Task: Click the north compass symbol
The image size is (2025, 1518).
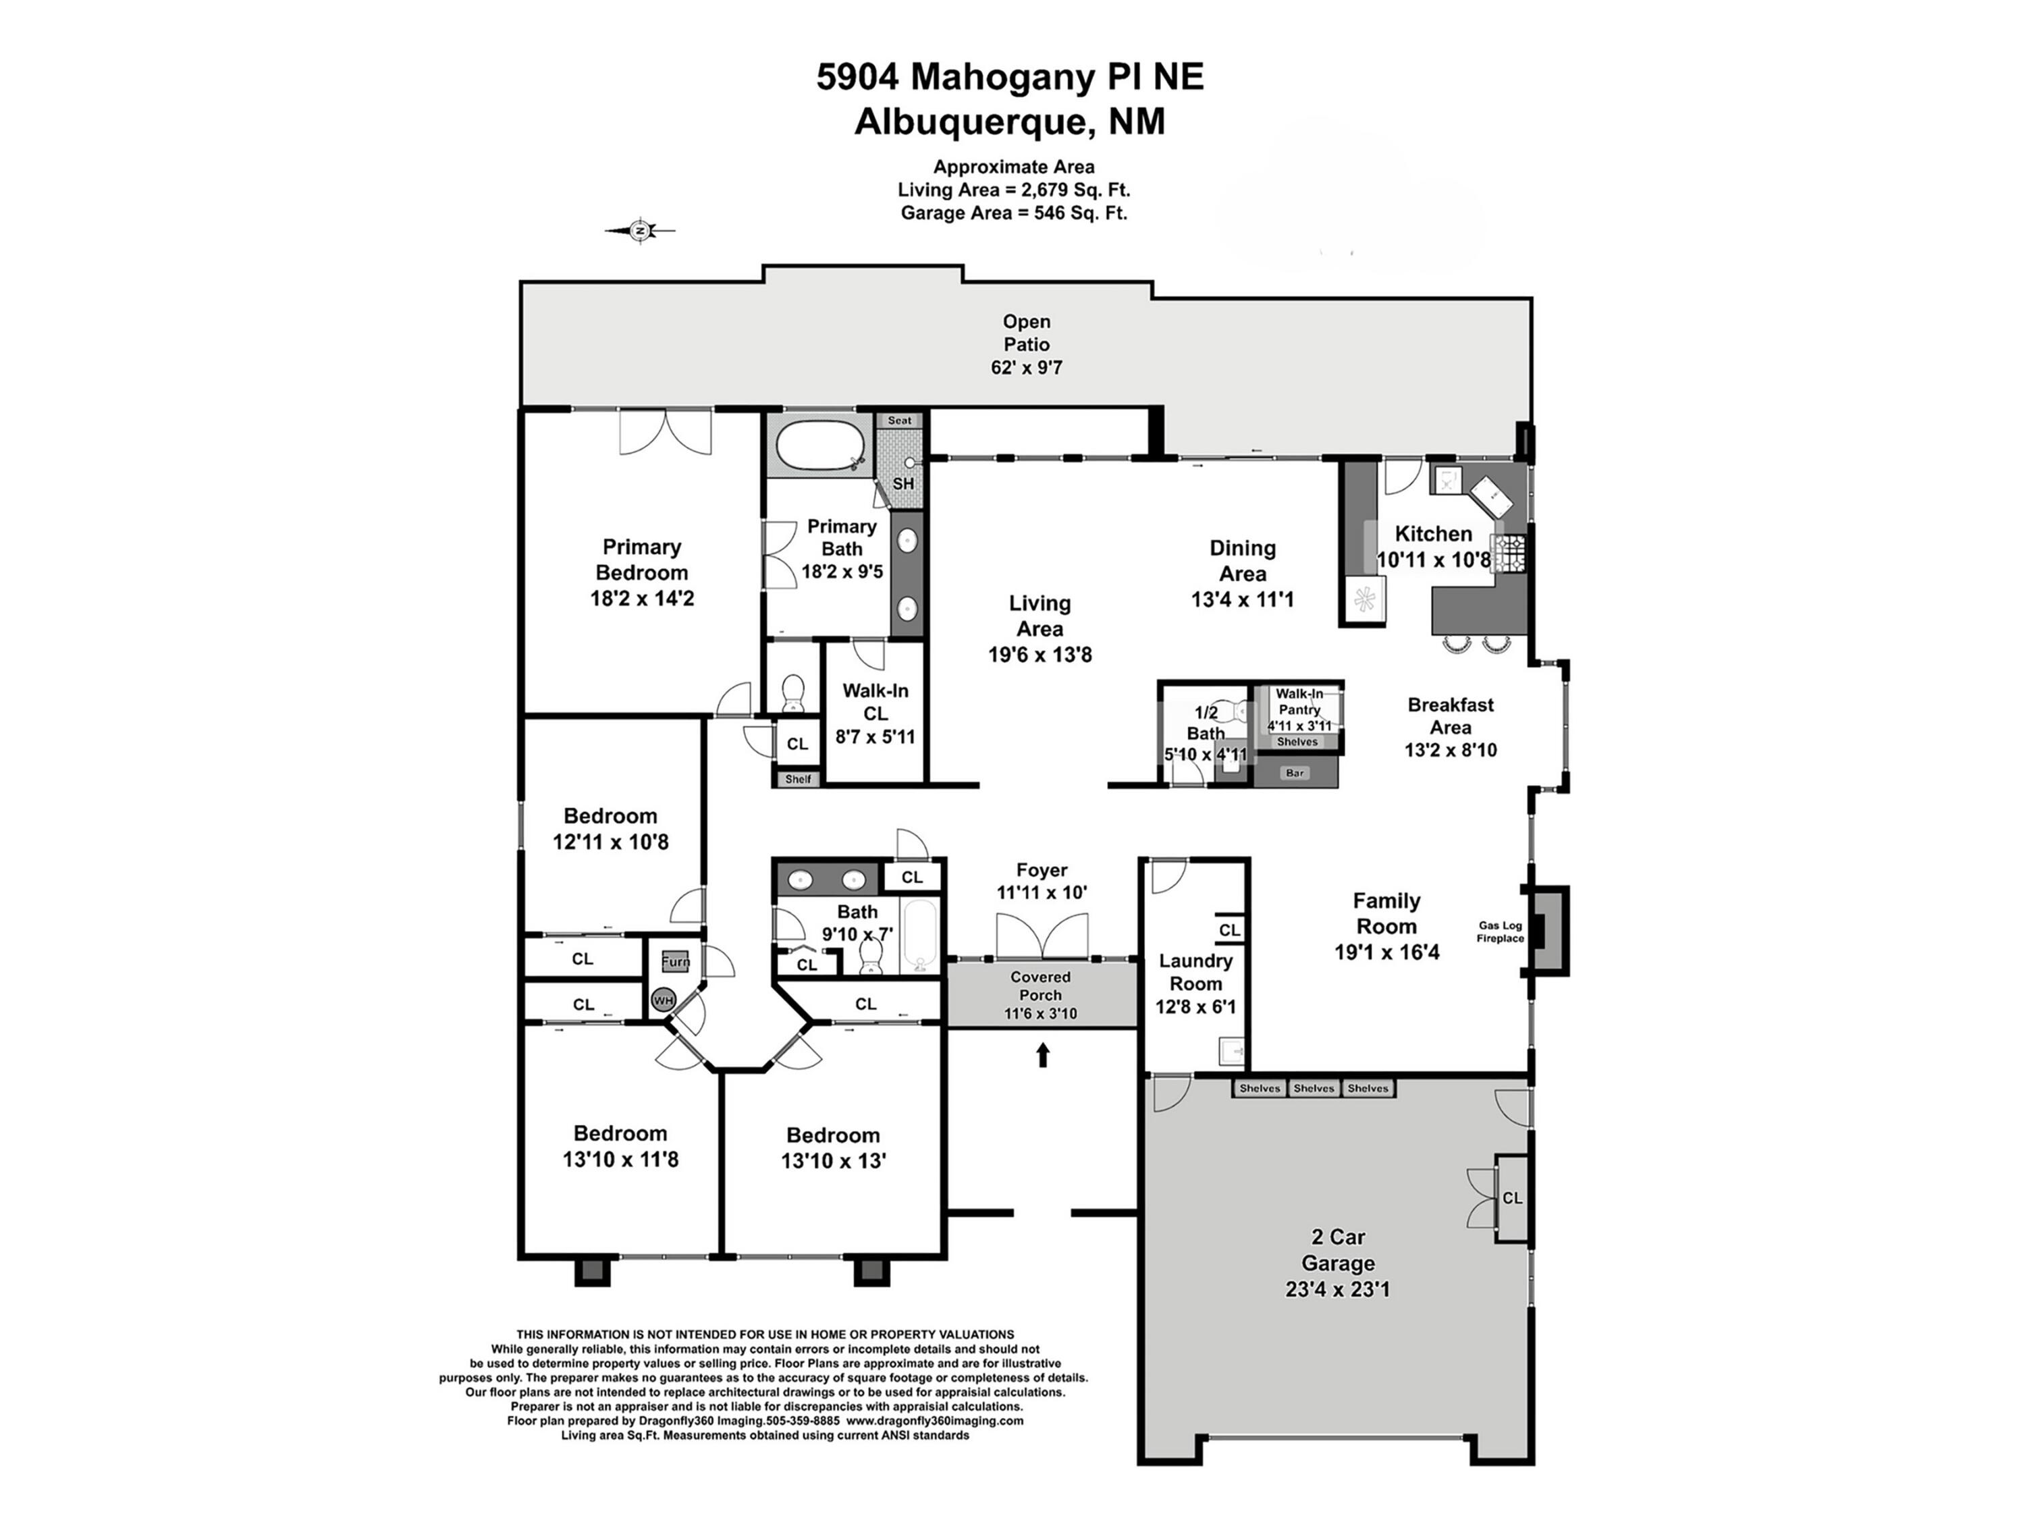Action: [641, 231]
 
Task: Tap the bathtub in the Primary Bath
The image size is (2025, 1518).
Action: [819, 446]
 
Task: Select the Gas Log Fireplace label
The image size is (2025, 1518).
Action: [1500, 932]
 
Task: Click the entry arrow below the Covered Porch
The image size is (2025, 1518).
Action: [1042, 1055]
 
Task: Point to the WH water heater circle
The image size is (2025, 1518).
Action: [663, 1000]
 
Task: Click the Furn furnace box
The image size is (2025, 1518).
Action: [676, 961]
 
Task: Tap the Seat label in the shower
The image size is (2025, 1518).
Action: [900, 421]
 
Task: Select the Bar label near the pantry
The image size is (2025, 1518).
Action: [1295, 774]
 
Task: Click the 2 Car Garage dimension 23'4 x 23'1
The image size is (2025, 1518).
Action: [1337, 1289]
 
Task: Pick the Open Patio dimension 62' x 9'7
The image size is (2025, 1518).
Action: [1026, 368]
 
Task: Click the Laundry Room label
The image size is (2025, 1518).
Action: [1195, 973]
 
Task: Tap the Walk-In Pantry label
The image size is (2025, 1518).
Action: [1300, 701]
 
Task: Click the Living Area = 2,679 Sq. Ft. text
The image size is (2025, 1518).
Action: [1013, 190]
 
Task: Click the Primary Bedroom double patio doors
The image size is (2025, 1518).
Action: [666, 431]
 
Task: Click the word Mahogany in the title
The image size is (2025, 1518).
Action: [1003, 77]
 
